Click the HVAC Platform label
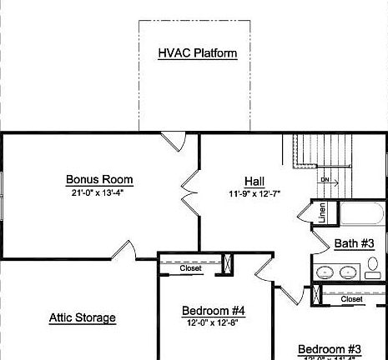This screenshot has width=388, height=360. (x=198, y=53)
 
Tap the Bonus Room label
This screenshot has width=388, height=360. (x=99, y=179)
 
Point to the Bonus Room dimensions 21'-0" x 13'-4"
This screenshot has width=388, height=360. (x=99, y=192)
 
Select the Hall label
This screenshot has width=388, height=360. (x=254, y=181)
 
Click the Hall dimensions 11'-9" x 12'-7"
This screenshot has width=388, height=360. (x=254, y=193)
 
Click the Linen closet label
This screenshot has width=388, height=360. (x=321, y=213)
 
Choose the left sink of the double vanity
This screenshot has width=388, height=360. (x=325, y=271)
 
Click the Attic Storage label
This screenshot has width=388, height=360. (x=82, y=317)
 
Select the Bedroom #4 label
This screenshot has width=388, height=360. (x=213, y=311)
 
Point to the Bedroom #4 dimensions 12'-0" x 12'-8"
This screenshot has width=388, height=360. (x=213, y=324)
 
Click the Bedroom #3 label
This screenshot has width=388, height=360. (x=329, y=348)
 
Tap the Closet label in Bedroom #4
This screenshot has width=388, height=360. (x=190, y=268)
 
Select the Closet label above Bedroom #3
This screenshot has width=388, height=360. (x=351, y=299)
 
